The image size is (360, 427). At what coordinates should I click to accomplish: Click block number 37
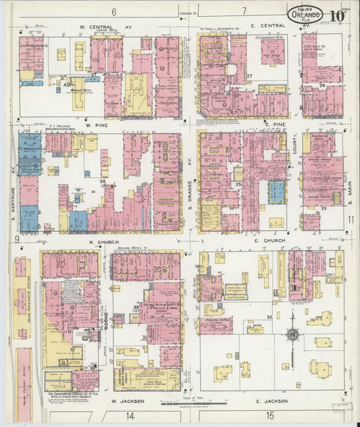[93, 74]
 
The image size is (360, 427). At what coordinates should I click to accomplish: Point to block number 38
[103, 182]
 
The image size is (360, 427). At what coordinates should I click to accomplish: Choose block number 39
[136, 307]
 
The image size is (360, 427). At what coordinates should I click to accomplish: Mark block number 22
[269, 316]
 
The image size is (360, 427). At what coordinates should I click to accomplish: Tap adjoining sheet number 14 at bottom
[129, 416]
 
